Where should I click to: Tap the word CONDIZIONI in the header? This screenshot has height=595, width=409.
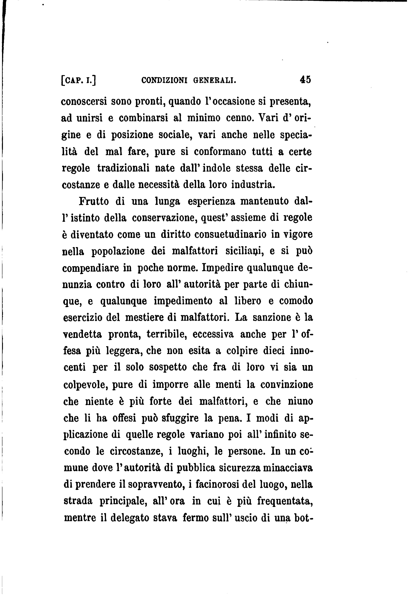coord(164,80)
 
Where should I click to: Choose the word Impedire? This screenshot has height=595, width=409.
coord(220,268)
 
